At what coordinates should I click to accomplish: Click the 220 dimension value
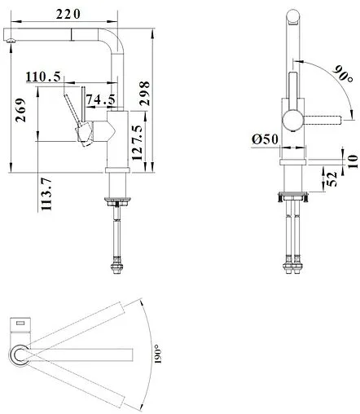pos(68,14)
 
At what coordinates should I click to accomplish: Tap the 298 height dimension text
pos(145,93)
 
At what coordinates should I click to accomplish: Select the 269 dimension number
pos(20,110)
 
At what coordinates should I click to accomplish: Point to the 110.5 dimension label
pos(43,77)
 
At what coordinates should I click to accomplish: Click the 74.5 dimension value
pos(101,99)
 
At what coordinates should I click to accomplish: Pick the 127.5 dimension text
pos(137,143)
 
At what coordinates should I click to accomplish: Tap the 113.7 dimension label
pos(46,194)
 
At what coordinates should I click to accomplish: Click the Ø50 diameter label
pos(265,139)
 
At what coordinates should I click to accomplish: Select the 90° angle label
pos(343,74)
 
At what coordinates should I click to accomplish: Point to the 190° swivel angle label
pos(158,354)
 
